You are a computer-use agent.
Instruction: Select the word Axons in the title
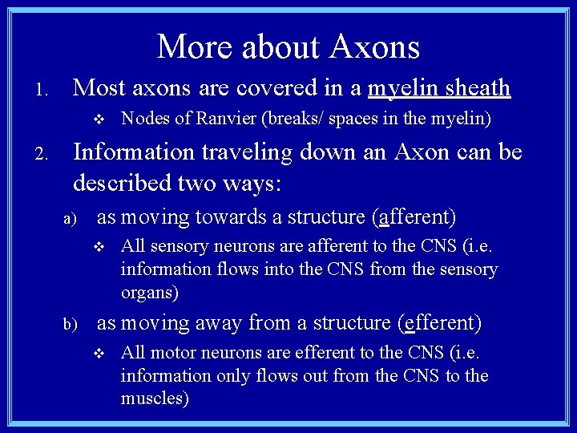pos(376,47)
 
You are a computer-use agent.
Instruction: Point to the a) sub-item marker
pos(70,218)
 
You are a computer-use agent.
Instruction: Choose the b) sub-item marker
pos(71,325)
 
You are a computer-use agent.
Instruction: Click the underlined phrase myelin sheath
pos(438,87)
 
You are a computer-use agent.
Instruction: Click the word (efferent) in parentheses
pos(439,323)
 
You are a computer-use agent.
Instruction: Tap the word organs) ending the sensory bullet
pos(149,293)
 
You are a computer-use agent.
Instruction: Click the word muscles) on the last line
pos(155,399)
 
